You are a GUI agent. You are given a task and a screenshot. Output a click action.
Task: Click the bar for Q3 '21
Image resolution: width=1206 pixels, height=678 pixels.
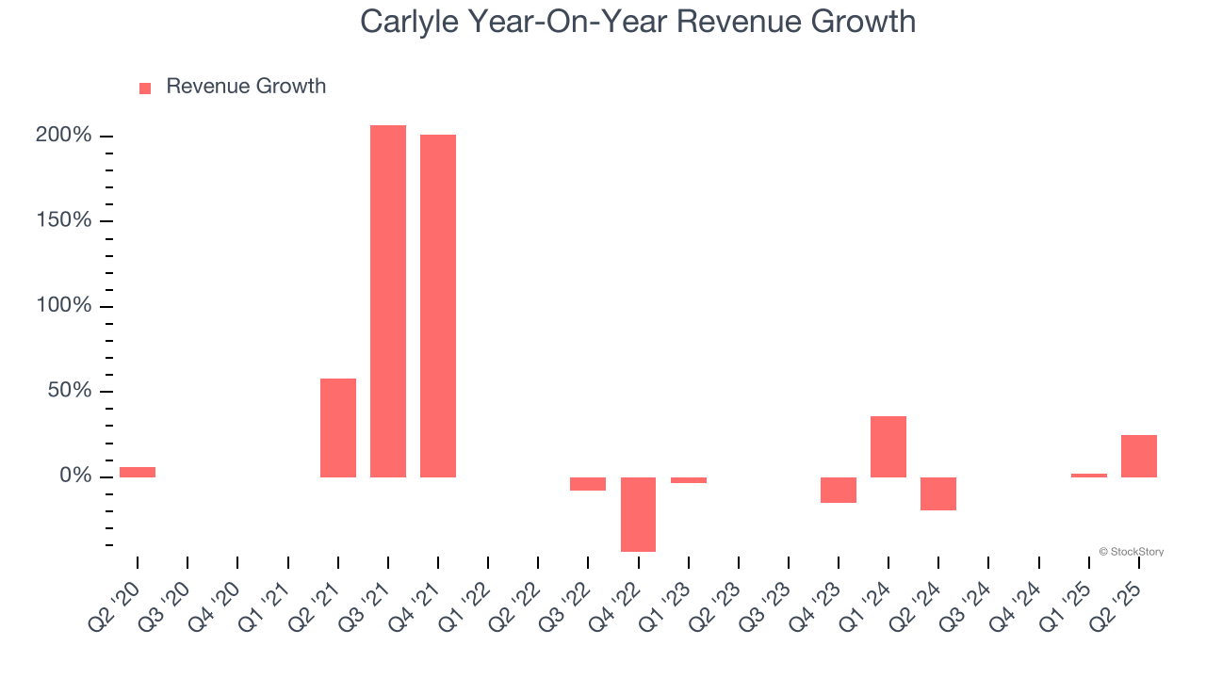(x=387, y=301)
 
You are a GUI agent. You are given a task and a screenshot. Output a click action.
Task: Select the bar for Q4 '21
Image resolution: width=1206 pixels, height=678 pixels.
(x=438, y=306)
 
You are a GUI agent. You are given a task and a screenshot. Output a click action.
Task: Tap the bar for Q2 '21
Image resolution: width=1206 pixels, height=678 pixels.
(x=337, y=428)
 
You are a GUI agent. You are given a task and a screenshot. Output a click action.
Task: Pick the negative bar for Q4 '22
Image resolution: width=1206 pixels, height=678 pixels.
(x=638, y=514)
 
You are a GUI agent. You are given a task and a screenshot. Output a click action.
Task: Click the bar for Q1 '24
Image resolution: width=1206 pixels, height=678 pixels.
(x=888, y=446)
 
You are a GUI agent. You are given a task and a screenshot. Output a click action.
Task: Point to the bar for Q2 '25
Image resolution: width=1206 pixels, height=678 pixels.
(x=1138, y=456)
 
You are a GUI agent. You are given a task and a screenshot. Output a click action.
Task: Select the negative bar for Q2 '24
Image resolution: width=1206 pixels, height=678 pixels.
(x=938, y=493)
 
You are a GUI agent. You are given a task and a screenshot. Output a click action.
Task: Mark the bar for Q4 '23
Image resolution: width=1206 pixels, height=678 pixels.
(x=839, y=490)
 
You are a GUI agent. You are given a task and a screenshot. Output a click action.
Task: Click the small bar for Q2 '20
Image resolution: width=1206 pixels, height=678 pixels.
(x=138, y=472)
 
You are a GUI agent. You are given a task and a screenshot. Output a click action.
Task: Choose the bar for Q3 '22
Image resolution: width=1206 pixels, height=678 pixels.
(x=588, y=484)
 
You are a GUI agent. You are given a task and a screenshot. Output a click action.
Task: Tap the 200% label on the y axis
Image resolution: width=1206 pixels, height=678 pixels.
(x=64, y=136)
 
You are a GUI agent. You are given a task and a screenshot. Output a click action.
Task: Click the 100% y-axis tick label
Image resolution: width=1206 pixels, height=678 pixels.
(x=64, y=306)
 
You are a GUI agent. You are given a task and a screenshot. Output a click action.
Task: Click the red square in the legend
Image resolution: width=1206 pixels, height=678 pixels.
(x=145, y=89)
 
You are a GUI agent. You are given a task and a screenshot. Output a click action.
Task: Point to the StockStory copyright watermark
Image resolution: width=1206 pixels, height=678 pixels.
(x=1131, y=552)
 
